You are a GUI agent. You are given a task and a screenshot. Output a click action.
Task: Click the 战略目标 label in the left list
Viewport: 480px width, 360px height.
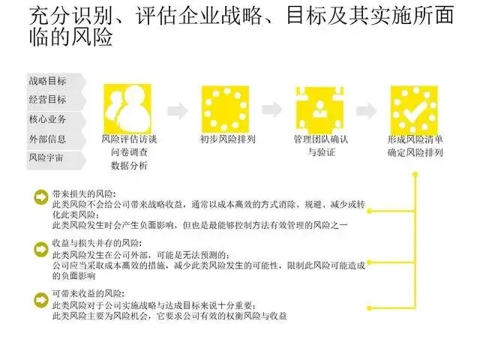coord(46,80)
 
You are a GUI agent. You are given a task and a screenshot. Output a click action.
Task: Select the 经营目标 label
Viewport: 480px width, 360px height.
coord(46,100)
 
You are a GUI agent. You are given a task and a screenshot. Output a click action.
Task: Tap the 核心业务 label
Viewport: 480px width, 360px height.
coord(46,119)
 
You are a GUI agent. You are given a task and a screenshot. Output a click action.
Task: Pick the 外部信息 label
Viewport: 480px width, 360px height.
coord(46,139)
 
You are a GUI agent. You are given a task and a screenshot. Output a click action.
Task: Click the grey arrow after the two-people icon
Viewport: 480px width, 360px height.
coord(177,110)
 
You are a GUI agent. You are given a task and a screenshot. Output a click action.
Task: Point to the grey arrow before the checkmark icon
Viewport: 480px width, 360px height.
coord(367,110)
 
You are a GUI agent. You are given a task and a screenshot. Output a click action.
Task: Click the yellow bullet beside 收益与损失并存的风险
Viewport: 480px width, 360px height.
coord(40,246)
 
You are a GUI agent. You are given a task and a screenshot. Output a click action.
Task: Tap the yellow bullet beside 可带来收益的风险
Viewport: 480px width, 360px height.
coord(40,298)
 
